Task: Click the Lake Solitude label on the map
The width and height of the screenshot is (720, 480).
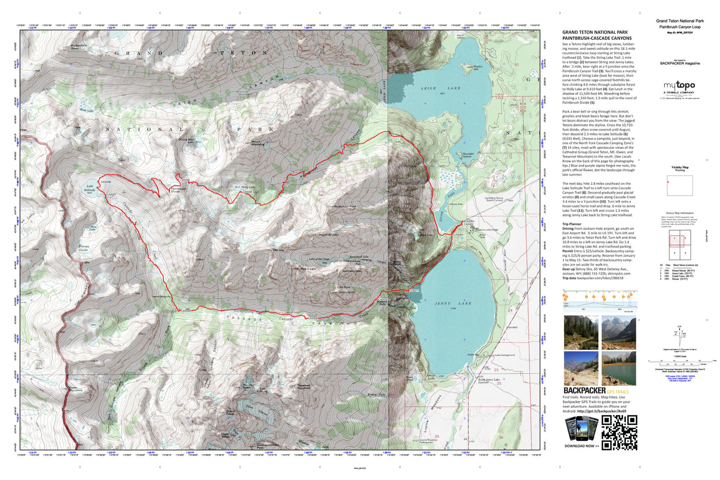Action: pyautogui.click(x=90, y=188)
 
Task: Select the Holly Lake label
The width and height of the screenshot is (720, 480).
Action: pyautogui.click(x=248, y=187)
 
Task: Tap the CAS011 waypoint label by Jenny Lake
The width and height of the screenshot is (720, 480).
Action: pyautogui.click(x=415, y=291)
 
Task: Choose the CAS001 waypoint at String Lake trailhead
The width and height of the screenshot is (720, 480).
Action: pyautogui.click(x=469, y=221)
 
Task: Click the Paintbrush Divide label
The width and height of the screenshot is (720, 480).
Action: pyautogui.click(x=178, y=190)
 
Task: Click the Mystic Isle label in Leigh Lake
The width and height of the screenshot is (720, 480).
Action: pyautogui.click(x=477, y=67)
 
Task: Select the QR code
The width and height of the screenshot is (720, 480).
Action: pyautogui.click(x=619, y=432)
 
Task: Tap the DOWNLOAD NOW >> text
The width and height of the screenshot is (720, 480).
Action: pyautogui.click(x=581, y=446)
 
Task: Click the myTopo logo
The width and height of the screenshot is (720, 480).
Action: pyautogui.click(x=679, y=86)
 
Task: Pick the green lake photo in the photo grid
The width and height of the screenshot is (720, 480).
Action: pyautogui.click(x=618, y=369)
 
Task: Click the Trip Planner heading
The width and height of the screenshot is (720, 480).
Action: pyautogui.click(x=572, y=224)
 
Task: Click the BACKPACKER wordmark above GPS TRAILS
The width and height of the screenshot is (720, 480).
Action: pyautogui.click(x=584, y=391)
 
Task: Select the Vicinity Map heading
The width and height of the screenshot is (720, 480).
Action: pyautogui.click(x=680, y=167)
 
